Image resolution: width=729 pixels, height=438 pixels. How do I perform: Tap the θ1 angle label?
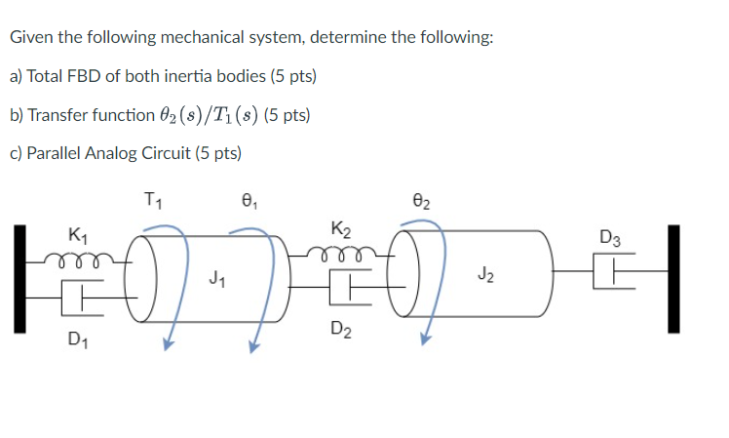tap(248, 203)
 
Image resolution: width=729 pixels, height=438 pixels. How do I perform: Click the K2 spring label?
tap(340, 231)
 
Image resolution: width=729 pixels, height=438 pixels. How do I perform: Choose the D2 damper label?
tap(341, 328)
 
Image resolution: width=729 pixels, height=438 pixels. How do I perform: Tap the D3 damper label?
tap(611, 236)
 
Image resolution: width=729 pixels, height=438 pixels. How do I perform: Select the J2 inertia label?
tap(484, 277)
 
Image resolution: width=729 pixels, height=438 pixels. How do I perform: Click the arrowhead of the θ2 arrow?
tap(425, 340)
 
